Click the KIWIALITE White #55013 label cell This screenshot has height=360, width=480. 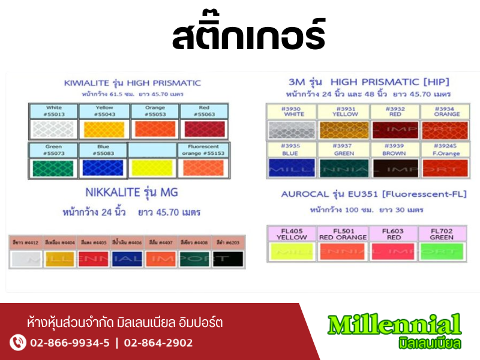pyautogui.click(x=54, y=111)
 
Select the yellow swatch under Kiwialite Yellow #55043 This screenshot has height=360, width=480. pyautogui.click(x=104, y=129)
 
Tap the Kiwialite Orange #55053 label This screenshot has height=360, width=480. pyautogui.click(x=154, y=111)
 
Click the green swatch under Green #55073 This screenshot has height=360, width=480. pyautogui.click(x=53, y=168)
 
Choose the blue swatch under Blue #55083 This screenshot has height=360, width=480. pyautogui.click(x=103, y=168)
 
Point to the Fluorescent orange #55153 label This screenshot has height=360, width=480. pyautogui.click(x=203, y=150)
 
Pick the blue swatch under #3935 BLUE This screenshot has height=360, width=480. pyautogui.click(x=292, y=168)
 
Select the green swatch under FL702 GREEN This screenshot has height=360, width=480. pyautogui.click(x=442, y=251)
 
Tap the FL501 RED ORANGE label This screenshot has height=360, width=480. pyautogui.click(x=343, y=233)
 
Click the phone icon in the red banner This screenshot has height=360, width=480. pyautogui.click(x=18, y=343)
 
